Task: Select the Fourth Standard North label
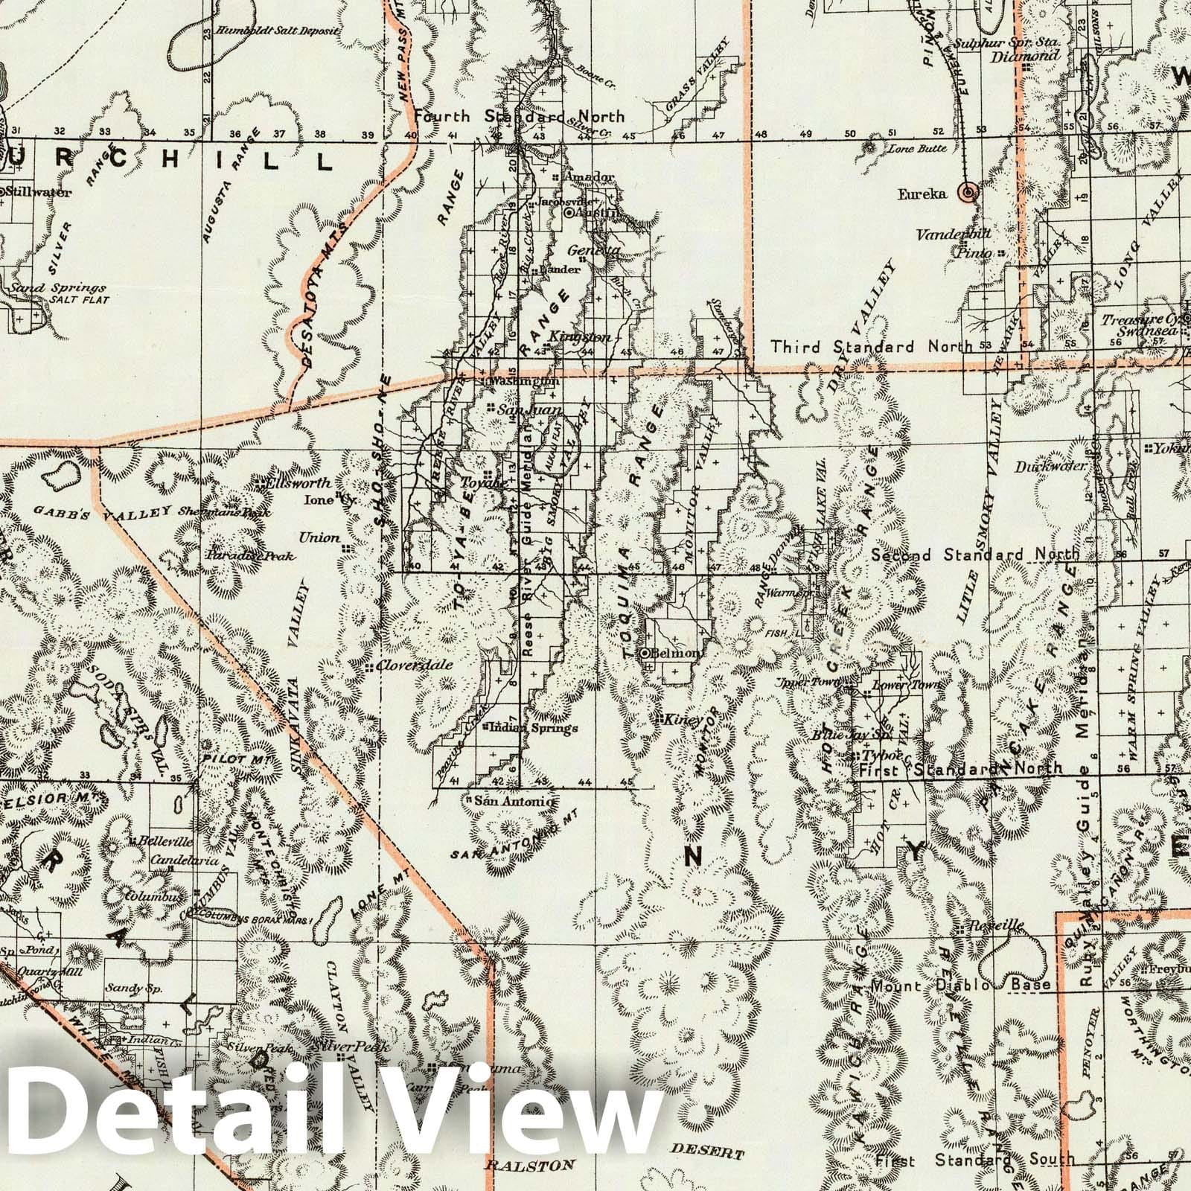click(x=520, y=116)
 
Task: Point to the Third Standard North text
click(x=872, y=346)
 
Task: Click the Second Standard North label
click(x=975, y=555)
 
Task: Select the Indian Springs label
click(x=530, y=728)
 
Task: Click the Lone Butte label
click(x=919, y=148)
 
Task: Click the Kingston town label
click(x=579, y=336)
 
